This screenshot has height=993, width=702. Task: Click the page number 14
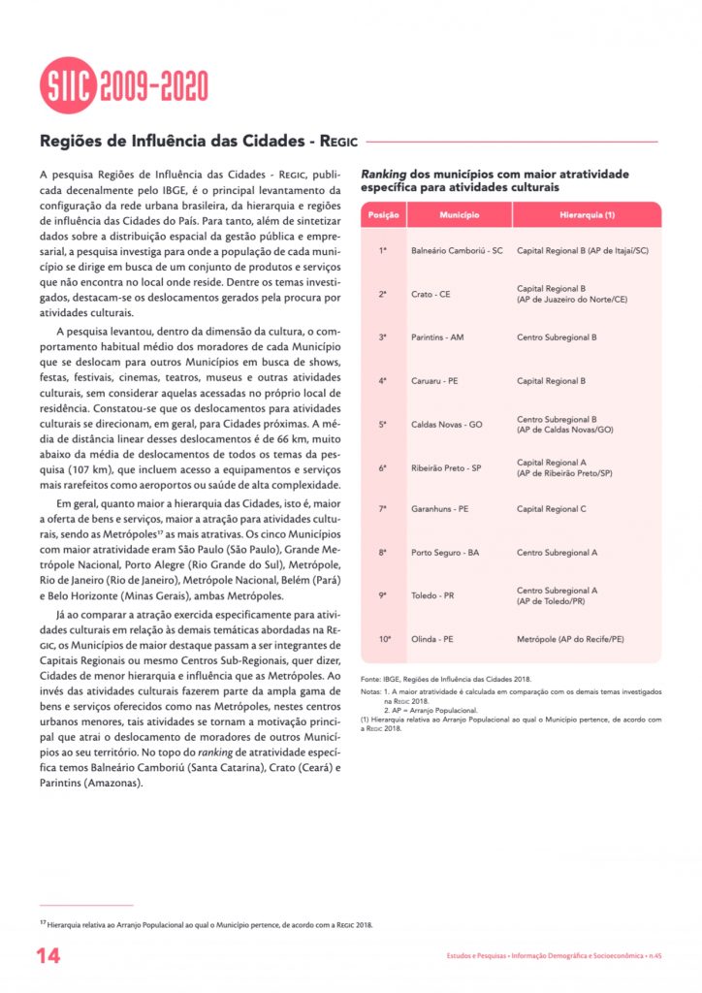(48, 956)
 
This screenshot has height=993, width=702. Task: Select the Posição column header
(383, 214)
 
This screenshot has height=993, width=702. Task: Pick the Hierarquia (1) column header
(587, 214)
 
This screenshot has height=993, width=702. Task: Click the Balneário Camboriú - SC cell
(457, 250)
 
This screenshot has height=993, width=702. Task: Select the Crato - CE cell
(431, 294)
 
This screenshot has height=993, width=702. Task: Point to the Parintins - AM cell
(437, 337)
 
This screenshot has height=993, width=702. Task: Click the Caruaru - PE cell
(434, 381)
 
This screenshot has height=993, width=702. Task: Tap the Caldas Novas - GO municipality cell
(447, 425)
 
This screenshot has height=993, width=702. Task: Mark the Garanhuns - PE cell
(440, 508)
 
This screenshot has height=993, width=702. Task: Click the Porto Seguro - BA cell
(445, 552)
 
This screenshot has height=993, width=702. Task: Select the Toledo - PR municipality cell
(432, 595)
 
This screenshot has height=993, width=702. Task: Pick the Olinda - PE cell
(432, 639)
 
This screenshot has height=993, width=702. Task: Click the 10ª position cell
(384, 639)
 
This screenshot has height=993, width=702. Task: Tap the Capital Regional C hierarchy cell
(552, 508)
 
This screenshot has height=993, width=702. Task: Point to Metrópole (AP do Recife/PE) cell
(570, 639)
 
